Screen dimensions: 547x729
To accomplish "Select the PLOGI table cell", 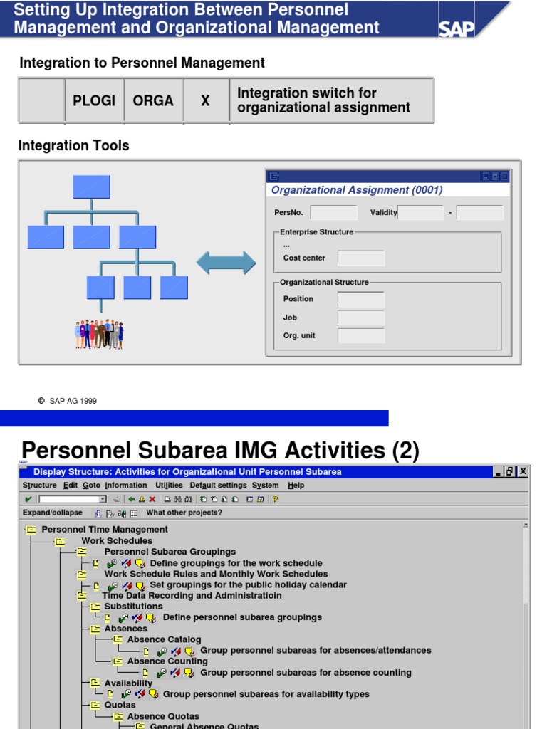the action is (x=94, y=100).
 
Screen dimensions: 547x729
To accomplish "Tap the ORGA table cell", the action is (x=153, y=100).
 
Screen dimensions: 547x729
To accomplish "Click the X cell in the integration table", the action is (x=205, y=100).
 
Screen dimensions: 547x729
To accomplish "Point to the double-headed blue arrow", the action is (x=226, y=263).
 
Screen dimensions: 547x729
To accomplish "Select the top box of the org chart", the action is (x=91, y=186).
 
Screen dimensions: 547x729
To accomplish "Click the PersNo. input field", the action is (x=334, y=213).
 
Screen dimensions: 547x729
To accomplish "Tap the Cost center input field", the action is (x=361, y=258).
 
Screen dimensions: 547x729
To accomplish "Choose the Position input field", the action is (x=361, y=299).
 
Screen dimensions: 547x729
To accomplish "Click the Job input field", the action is (x=361, y=318).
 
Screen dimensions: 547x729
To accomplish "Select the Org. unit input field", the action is (x=361, y=335).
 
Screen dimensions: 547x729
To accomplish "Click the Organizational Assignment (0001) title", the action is (x=357, y=190).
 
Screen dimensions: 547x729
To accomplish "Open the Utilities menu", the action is (x=169, y=486).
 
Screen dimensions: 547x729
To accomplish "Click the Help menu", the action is (x=296, y=486).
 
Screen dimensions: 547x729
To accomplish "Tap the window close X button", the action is (x=523, y=471).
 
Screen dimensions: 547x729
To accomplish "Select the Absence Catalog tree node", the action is (x=164, y=639).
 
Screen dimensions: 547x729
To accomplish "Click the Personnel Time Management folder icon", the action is (x=31, y=530).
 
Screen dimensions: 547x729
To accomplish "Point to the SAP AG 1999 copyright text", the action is (x=73, y=401).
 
